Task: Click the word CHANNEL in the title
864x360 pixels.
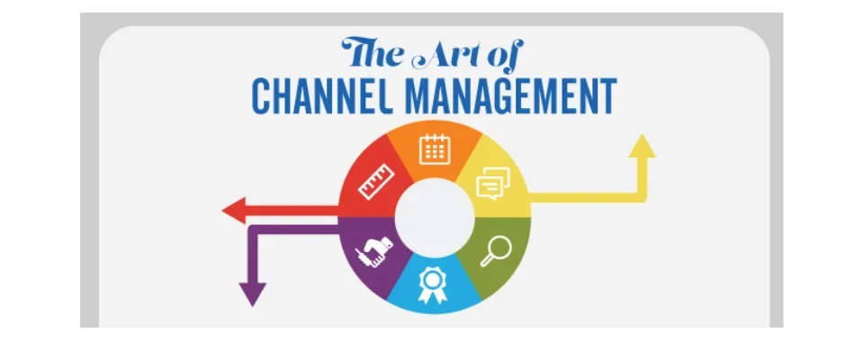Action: pos(322,96)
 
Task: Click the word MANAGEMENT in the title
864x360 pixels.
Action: pos(511,96)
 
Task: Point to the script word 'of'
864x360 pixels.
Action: pos(504,55)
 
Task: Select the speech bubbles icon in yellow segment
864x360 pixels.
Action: pos(493,183)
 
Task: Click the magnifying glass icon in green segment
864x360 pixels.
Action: pos(495,252)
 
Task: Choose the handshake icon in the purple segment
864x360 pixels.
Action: pos(374,251)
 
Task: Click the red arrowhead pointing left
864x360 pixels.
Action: pos(234,210)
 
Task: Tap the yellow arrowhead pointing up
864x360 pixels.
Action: pos(642,146)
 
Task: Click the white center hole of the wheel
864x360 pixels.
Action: pos(435,217)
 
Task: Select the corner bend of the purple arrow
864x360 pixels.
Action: pos(253,229)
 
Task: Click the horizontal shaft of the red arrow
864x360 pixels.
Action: pos(292,211)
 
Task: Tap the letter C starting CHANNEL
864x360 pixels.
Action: pos(261,96)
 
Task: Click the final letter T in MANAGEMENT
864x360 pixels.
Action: pos(607,96)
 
